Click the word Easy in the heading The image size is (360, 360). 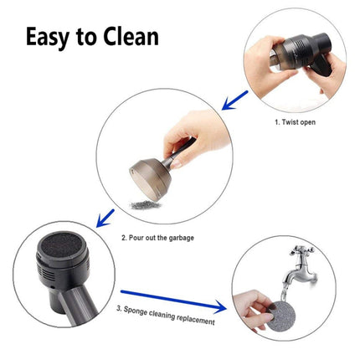click(51, 38)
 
